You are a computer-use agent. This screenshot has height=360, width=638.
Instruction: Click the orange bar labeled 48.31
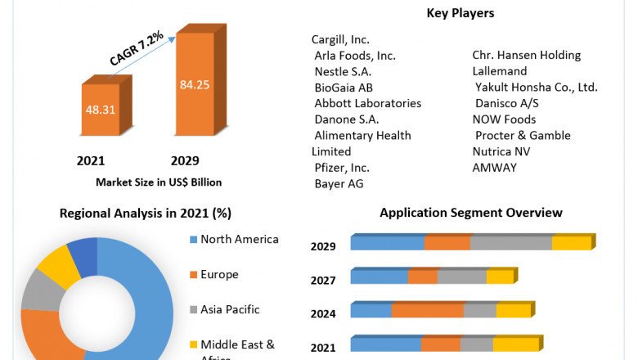[99, 110]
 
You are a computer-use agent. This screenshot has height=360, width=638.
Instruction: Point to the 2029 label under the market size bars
[185, 160]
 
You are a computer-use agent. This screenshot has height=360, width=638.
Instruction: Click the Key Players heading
[461, 13]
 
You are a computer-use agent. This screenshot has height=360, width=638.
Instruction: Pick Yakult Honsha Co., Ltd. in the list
[537, 87]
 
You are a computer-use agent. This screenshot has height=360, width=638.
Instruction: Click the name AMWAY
[495, 167]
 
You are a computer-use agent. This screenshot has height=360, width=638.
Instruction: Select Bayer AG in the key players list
[339, 183]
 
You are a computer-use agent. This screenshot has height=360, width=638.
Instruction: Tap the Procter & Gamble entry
[523, 135]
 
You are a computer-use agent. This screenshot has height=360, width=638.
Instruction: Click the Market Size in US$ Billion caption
[159, 182]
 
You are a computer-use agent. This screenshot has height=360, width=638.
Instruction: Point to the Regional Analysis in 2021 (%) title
[146, 214]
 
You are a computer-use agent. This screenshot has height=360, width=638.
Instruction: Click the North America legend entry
[240, 240]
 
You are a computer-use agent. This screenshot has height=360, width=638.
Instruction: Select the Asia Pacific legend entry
[230, 309]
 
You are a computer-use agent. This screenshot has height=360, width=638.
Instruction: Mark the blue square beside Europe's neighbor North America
[192, 240]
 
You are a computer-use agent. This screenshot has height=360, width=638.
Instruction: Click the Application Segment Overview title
[471, 213]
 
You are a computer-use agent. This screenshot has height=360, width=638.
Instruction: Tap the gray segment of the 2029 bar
[511, 243]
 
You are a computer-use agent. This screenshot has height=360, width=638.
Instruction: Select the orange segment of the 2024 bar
[428, 310]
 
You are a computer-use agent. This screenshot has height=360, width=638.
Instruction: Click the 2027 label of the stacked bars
[323, 281]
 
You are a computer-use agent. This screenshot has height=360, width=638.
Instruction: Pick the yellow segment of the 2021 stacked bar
[515, 344]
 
